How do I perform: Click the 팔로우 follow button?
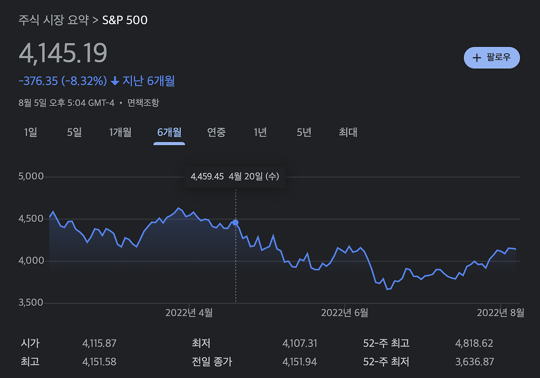[x=491, y=57]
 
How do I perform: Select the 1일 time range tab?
[x=30, y=133]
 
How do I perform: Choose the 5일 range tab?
[x=74, y=133]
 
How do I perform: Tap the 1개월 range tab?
[x=120, y=133]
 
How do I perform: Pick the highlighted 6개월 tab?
[x=169, y=133]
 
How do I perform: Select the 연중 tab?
[x=216, y=133]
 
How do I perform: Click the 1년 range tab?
[x=260, y=133]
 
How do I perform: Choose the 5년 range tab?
[x=304, y=133]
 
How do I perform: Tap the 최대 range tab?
[x=348, y=133]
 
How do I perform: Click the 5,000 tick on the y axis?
[x=31, y=177]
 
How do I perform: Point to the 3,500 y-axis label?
[x=31, y=303]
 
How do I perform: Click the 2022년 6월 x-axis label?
[x=345, y=313]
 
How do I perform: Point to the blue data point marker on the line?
[x=235, y=223]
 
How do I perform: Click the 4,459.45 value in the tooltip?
[x=207, y=177]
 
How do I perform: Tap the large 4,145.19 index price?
[x=63, y=54]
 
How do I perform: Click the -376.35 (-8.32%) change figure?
[x=63, y=81]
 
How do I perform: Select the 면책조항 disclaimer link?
[x=143, y=103]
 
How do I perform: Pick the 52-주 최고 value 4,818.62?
[x=474, y=343]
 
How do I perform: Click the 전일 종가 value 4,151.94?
[x=300, y=362]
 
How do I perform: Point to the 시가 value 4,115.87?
[x=99, y=343]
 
